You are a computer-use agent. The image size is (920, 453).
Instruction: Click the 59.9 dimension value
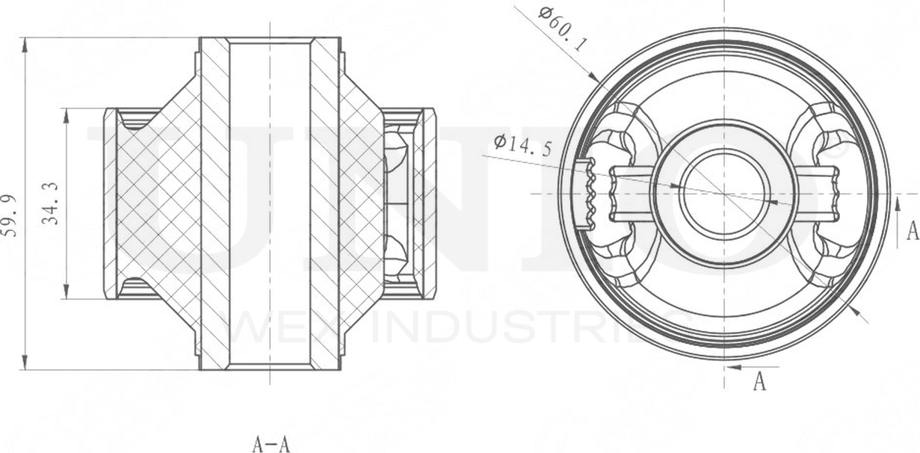pyautogui.click(x=10, y=214)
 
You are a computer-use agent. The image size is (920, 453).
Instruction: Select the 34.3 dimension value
pyautogui.click(x=51, y=203)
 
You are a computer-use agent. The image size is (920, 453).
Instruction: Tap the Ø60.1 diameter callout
pyautogui.click(x=563, y=28)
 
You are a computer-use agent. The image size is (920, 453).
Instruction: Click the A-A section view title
pyautogui.click(x=271, y=445)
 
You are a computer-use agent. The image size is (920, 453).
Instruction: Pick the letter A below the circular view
pyautogui.click(x=759, y=382)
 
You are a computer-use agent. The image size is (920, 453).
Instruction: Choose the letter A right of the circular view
pyautogui.click(x=912, y=231)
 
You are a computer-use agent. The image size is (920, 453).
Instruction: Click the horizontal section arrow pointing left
pyautogui.click(x=736, y=367)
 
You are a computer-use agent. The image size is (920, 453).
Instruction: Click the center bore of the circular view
pyautogui.click(x=723, y=194)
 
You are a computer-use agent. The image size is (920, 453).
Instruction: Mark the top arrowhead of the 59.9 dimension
pyautogui.click(x=25, y=45)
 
